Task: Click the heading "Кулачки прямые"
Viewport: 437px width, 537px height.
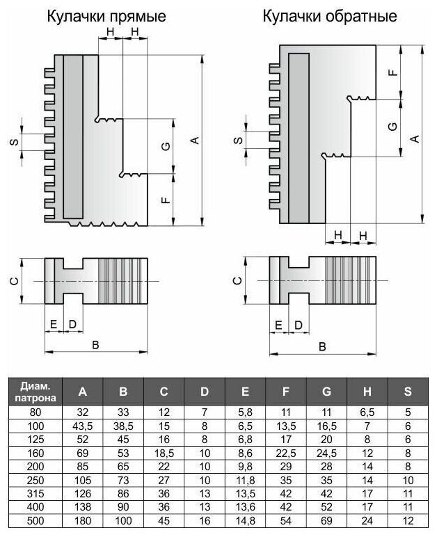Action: click(x=106, y=17)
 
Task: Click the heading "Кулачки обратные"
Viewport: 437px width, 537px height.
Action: click(x=330, y=16)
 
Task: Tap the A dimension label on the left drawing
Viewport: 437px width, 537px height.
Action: click(x=195, y=140)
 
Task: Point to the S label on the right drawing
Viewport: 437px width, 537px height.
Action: click(x=238, y=140)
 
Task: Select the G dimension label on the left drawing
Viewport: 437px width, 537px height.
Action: click(x=166, y=147)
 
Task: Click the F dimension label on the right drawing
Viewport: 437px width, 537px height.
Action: click(x=393, y=72)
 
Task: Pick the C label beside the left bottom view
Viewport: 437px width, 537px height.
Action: click(x=14, y=282)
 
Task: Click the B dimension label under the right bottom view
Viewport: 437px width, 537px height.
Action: click(x=322, y=346)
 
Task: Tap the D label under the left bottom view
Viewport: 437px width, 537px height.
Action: click(x=72, y=324)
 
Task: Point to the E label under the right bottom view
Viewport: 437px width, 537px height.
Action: click(x=278, y=325)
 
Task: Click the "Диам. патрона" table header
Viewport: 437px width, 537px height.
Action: click(x=35, y=392)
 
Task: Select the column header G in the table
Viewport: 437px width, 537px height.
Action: click(x=326, y=392)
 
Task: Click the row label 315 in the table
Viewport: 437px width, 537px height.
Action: click(x=35, y=493)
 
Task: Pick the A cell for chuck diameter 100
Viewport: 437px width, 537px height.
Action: click(x=83, y=426)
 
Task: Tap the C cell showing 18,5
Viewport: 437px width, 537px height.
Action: click(x=164, y=453)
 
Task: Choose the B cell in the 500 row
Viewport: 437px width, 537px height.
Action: click(x=123, y=520)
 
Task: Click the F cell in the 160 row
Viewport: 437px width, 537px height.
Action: click(x=286, y=453)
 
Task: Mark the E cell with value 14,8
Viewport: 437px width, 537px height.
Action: click(x=245, y=520)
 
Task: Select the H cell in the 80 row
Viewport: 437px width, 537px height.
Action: click(x=367, y=412)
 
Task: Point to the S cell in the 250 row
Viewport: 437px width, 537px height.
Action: click(x=408, y=480)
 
